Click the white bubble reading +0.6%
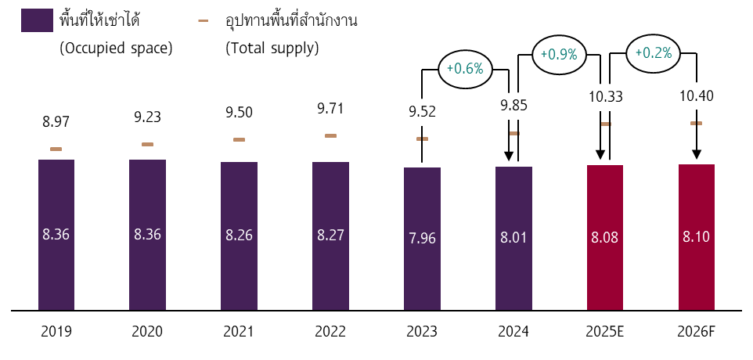466,69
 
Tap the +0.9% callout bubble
560,55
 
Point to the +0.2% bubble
654,53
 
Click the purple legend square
37,20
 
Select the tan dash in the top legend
203,20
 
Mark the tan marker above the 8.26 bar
239,139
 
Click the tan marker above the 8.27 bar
330,135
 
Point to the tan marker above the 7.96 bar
422,139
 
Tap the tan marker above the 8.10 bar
696,123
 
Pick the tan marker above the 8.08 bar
606,124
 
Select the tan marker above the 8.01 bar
514,133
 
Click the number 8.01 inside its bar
513,237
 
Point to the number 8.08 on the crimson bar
605,237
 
